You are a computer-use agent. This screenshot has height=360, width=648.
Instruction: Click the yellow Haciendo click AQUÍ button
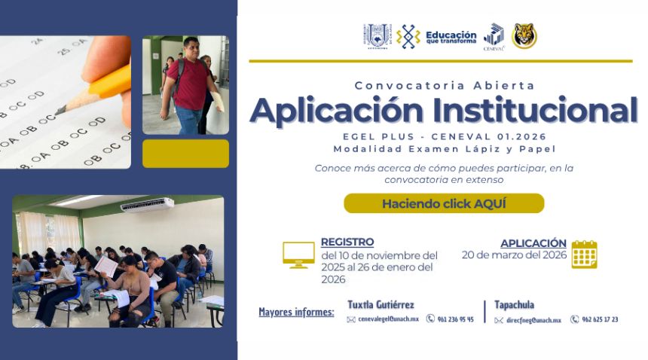click(444, 203)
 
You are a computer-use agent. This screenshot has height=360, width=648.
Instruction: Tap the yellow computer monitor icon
click(298, 255)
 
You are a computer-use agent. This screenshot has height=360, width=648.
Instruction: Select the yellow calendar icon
click(584, 255)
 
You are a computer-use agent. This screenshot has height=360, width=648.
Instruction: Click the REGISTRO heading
click(347, 242)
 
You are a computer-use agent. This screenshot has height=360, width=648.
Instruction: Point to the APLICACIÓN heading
click(533, 243)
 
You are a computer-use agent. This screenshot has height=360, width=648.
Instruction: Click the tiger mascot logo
click(524, 36)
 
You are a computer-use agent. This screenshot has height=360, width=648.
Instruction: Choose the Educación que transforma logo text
click(451, 37)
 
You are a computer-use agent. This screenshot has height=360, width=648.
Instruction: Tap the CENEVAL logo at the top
click(494, 36)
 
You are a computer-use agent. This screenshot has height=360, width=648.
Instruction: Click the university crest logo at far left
click(377, 36)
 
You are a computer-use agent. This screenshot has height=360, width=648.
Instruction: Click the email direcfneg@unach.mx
click(533, 320)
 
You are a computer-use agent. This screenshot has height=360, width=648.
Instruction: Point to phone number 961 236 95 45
click(455, 319)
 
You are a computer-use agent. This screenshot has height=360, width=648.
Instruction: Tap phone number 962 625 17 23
click(600, 319)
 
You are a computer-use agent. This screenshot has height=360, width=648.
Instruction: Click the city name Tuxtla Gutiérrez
click(381, 304)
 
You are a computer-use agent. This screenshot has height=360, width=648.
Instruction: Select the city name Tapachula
click(514, 304)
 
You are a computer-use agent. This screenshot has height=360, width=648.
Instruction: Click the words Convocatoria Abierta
click(445, 85)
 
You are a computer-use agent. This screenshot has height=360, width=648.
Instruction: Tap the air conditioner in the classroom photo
click(147, 205)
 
